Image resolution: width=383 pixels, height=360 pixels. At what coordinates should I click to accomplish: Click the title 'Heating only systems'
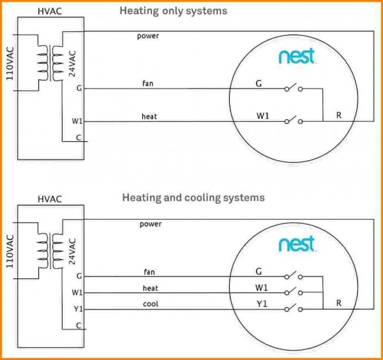(173, 11)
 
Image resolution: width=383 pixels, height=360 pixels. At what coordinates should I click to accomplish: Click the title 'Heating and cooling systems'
(193, 198)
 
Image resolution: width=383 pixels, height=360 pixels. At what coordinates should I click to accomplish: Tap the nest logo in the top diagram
(296, 57)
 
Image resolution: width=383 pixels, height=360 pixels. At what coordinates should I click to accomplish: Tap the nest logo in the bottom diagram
(296, 244)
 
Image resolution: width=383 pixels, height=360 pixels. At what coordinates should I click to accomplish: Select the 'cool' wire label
(150, 304)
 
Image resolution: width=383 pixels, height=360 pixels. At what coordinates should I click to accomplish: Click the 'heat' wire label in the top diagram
(149, 117)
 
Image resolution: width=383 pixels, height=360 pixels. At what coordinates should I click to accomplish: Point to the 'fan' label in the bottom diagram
(149, 272)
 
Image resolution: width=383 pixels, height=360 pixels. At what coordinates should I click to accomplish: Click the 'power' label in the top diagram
(147, 36)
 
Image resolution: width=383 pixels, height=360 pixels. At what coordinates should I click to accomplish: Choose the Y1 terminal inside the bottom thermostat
(262, 304)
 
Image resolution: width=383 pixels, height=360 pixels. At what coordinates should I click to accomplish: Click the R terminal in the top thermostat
(338, 116)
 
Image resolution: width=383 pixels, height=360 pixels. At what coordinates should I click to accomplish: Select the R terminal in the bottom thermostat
(338, 303)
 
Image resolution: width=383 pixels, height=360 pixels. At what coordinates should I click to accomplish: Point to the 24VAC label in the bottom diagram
(71, 250)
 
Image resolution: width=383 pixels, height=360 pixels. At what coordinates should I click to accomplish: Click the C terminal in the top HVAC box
(79, 137)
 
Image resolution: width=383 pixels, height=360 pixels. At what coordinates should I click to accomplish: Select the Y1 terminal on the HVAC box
(78, 309)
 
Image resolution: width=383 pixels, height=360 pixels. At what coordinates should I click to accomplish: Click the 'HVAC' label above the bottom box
(49, 199)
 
